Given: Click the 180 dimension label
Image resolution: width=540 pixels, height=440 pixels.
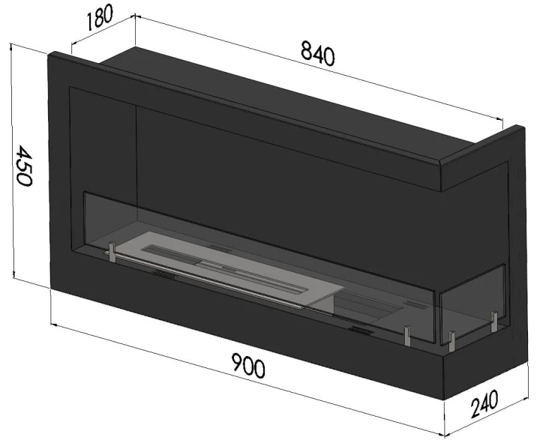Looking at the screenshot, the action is (x=100, y=18).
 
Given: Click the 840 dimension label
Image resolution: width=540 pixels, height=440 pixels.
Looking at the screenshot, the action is (x=317, y=52).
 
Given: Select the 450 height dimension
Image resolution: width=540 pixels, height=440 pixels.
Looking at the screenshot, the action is (x=24, y=165).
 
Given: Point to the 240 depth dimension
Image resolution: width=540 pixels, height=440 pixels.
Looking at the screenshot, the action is (x=484, y=403).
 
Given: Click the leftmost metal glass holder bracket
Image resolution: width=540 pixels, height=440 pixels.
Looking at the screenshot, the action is (x=112, y=252).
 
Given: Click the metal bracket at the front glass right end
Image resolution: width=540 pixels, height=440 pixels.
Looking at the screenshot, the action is (x=407, y=335).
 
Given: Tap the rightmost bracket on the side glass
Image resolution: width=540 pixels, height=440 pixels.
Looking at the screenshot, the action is (x=494, y=322).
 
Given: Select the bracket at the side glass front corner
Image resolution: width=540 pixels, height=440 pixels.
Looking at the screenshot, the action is (x=451, y=341).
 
